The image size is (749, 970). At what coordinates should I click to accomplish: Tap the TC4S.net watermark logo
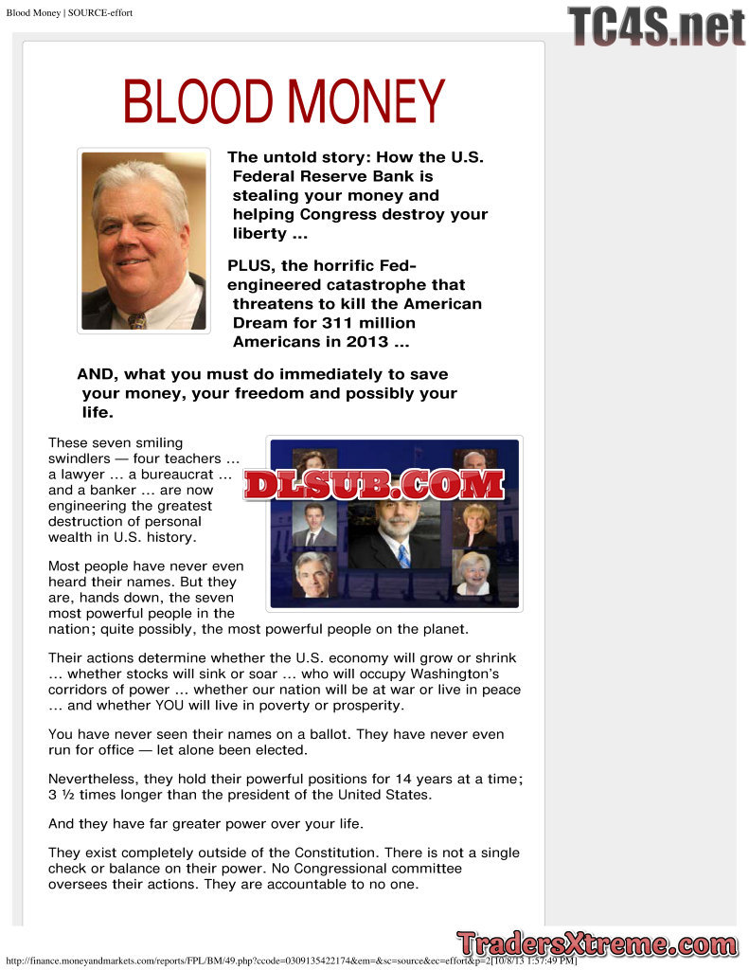656,27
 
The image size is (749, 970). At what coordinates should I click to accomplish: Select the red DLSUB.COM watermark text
374,484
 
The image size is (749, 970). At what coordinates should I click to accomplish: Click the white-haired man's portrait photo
143,241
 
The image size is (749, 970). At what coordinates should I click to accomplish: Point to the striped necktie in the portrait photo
137,320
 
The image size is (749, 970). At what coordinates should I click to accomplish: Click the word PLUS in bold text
248,265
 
